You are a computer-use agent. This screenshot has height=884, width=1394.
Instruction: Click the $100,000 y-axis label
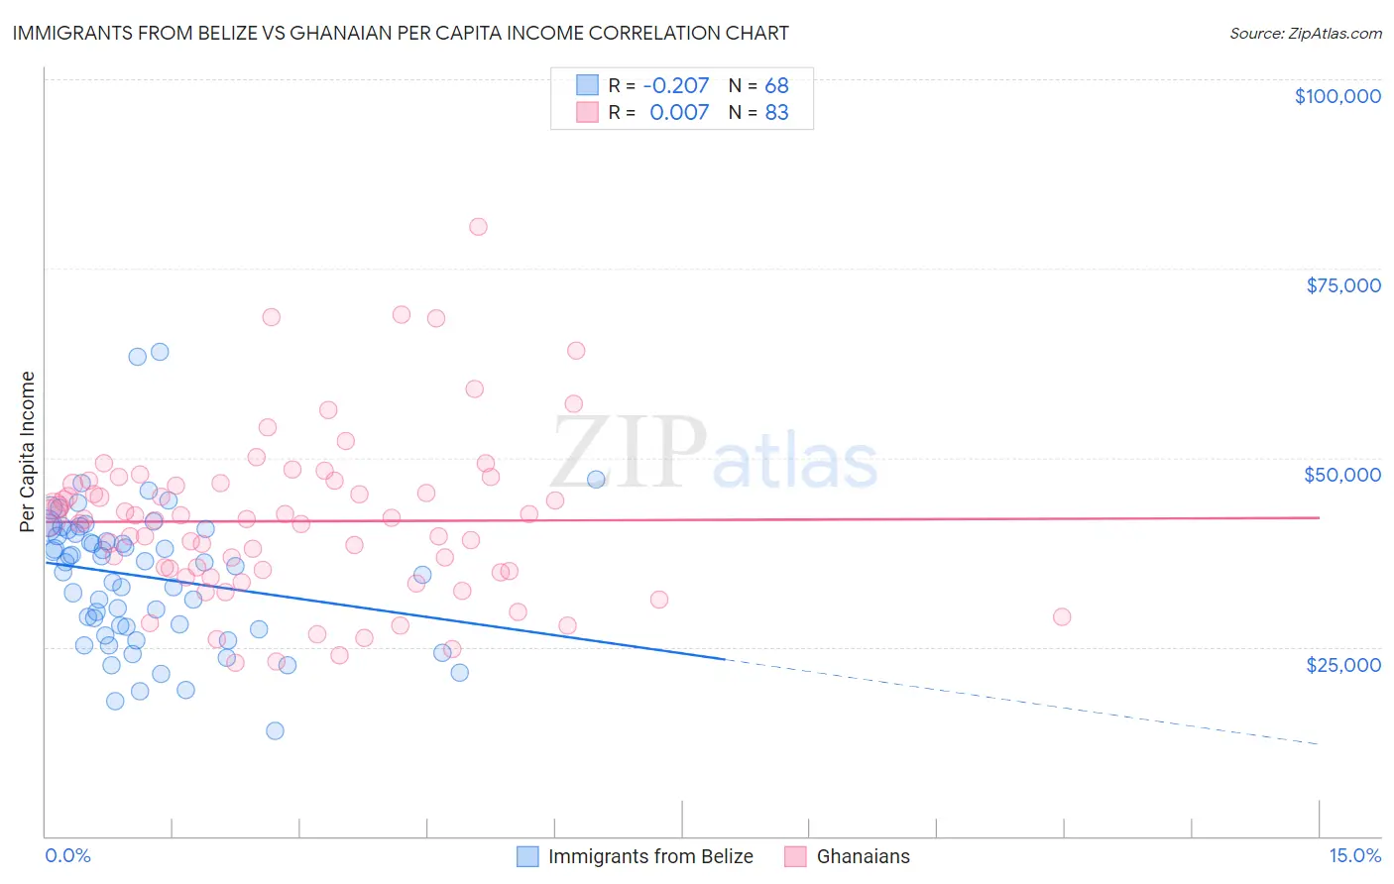point(1337,96)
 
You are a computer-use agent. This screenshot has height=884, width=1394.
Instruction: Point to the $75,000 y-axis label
point(1342,285)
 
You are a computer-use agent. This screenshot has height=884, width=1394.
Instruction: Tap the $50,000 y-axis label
point(1342,475)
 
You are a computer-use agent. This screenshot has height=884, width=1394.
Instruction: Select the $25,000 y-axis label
point(1342,664)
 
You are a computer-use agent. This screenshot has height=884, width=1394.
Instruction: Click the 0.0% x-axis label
point(67,856)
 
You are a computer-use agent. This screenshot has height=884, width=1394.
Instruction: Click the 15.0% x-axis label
point(1354,856)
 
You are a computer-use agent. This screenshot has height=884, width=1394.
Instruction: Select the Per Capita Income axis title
point(28,452)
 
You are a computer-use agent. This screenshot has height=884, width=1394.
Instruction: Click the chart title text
point(401,33)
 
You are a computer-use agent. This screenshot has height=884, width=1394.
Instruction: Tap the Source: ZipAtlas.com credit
point(1305,33)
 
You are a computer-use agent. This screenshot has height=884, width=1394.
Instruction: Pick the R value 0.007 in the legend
point(679,112)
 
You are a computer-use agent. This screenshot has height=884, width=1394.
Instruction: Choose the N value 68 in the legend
point(776,85)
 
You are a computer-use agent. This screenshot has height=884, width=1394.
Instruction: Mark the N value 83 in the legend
point(776,112)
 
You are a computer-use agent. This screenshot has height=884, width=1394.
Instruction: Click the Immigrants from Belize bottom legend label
point(650,856)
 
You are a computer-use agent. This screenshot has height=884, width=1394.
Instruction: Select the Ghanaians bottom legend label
point(863,856)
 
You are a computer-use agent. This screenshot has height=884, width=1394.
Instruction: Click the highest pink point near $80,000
point(478,227)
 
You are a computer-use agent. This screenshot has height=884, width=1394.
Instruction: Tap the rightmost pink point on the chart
point(1062,616)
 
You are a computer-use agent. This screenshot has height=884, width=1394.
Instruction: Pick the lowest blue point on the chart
point(275,730)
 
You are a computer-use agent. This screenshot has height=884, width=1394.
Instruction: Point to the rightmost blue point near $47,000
point(596,479)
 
